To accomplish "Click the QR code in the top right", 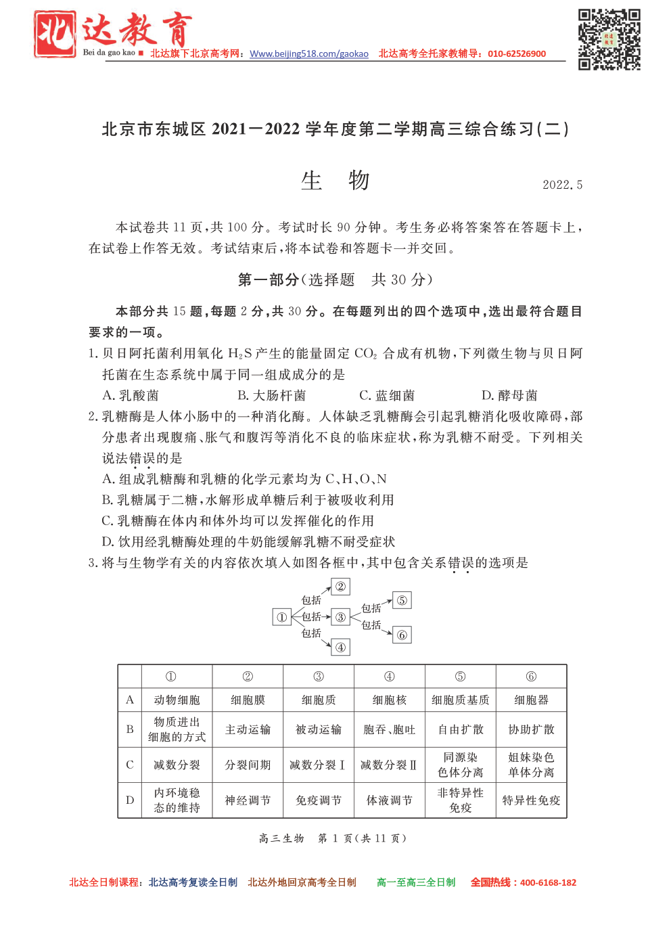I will (x=609, y=39).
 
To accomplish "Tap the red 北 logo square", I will (x=55, y=34).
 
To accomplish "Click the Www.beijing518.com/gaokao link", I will (x=309, y=54).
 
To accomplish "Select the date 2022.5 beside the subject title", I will (x=562, y=185).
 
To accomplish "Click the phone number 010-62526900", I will (x=517, y=54).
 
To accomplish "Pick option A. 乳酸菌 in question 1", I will (x=131, y=395).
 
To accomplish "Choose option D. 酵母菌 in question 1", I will (x=509, y=395).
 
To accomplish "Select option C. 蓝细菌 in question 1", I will (x=387, y=395).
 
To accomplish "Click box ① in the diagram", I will (x=281, y=616).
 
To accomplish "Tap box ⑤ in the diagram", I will (x=402, y=600).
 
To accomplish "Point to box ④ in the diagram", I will (x=341, y=648).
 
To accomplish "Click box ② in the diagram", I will (x=341, y=587).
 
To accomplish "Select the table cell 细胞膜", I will (x=248, y=700).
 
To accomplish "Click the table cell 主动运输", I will (x=248, y=729).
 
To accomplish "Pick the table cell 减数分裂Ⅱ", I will (x=389, y=765).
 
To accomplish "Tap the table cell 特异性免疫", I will (x=531, y=800).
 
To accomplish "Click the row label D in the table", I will (x=130, y=800).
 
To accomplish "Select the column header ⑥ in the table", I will (x=531, y=677).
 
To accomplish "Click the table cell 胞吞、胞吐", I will (x=389, y=729).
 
